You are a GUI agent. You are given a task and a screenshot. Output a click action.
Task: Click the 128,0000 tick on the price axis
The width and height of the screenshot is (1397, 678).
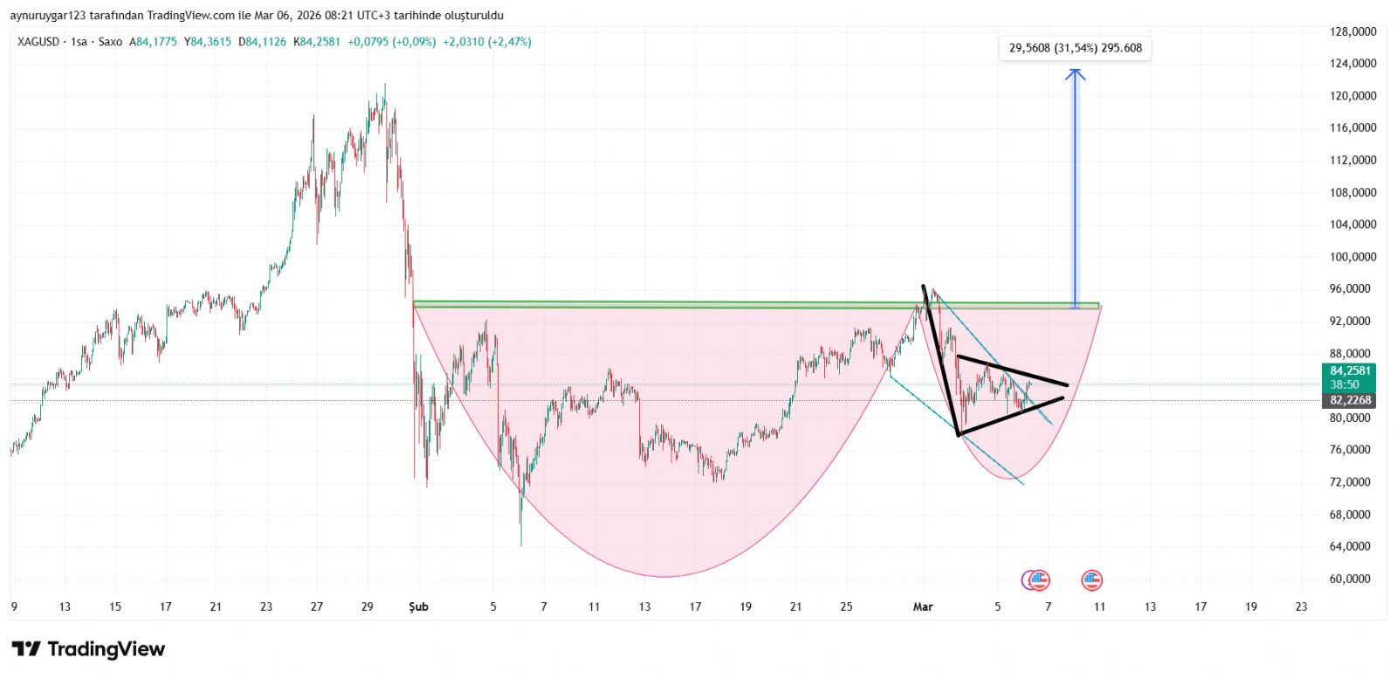coord(1352,31)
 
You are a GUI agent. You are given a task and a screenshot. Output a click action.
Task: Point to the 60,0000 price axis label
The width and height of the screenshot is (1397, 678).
coord(1352,578)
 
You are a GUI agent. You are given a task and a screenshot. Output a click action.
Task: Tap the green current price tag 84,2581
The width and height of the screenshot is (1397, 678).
coord(1350,371)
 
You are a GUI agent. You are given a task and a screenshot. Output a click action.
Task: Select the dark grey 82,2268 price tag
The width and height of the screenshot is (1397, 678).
coord(1350,400)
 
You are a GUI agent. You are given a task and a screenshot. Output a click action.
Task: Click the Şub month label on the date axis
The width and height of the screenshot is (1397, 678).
coord(419,606)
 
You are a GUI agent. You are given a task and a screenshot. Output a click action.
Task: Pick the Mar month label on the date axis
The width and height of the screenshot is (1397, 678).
coord(923,606)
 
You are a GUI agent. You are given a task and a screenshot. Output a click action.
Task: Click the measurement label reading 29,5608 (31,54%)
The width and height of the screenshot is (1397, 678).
coord(1075,48)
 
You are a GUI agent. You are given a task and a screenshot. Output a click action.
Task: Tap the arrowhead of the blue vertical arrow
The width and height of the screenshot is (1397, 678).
coord(1076,73)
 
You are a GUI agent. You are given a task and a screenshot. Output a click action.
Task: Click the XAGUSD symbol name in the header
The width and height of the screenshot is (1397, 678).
coord(38,42)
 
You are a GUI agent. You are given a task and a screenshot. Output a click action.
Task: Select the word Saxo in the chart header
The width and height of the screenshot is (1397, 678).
coord(110,42)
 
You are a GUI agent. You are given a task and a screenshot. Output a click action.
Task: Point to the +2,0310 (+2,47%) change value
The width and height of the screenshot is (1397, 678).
coord(487,42)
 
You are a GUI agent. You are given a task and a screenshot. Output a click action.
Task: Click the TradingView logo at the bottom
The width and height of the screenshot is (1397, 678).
coord(88,649)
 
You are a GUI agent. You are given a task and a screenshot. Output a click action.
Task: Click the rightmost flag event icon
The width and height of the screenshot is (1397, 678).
coord(1091,579)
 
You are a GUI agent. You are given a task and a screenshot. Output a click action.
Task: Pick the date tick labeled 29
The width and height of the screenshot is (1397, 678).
coord(368,606)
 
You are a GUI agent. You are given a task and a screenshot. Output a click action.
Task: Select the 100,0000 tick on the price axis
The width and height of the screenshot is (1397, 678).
coord(1352,257)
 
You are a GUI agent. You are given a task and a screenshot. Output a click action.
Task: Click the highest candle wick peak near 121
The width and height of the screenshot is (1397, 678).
coord(385,86)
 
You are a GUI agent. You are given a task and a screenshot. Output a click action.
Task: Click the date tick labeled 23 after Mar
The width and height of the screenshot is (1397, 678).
coord(1301,606)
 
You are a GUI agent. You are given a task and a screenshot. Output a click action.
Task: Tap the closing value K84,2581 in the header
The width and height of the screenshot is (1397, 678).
coord(317,42)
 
